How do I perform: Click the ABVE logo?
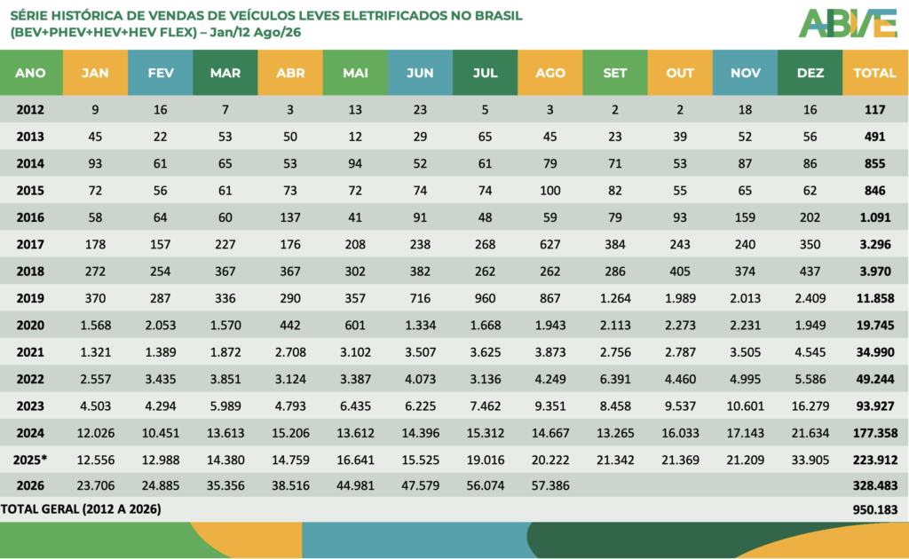(x=848, y=23)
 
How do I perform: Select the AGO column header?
(x=550, y=73)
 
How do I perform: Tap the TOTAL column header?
(x=874, y=73)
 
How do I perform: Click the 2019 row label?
(x=30, y=298)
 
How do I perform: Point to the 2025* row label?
(x=30, y=460)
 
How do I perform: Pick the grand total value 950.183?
(x=874, y=510)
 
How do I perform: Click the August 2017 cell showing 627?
(x=550, y=245)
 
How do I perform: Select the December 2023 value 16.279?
(x=810, y=406)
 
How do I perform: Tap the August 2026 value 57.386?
(x=550, y=485)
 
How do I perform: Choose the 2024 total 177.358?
(x=874, y=433)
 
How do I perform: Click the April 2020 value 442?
(x=290, y=325)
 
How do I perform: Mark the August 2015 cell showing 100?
(x=550, y=191)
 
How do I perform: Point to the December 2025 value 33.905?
(x=810, y=460)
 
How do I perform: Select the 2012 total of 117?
(x=874, y=109)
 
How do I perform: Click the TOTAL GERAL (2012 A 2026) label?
(x=81, y=509)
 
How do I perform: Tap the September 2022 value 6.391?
(x=615, y=379)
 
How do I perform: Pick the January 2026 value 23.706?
(x=95, y=485)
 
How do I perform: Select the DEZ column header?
(x=810, y=73)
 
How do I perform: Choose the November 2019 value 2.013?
(x=745, y=298)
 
